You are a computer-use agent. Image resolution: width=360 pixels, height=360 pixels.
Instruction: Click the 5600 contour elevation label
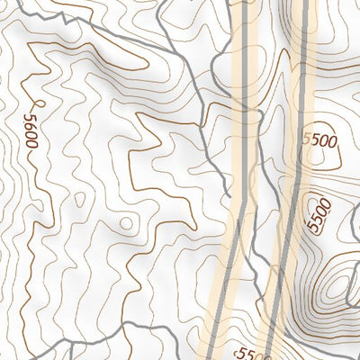[x=31, y=130]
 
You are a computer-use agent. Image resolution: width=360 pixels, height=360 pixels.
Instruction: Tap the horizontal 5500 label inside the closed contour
[x=319, y=140]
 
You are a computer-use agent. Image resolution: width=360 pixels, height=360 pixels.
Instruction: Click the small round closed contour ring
[x=127, y=222]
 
